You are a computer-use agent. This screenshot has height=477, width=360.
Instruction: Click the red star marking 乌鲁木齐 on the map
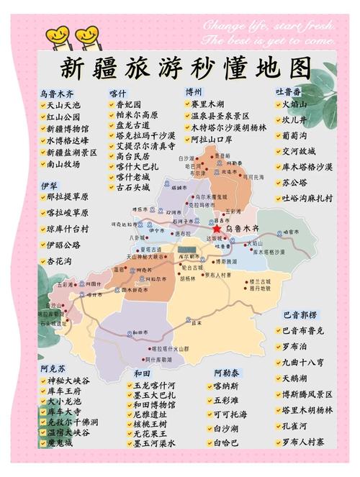[x=216, y=228]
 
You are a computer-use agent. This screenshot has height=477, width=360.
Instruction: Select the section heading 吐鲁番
[x=289, y=92]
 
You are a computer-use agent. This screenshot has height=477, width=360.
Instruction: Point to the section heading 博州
[x=194, y=92]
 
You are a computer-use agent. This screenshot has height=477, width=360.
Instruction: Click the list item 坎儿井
[x=295, y=119]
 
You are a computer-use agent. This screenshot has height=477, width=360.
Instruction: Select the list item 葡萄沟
[x=295, y=135]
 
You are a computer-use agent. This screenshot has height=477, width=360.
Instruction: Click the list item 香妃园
[x=130, y=104]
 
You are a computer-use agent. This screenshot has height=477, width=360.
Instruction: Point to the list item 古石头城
[x=133, y=187]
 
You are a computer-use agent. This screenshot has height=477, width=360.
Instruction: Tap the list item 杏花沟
[x=59, y=262]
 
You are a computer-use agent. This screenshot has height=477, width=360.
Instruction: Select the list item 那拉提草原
[x=68, y=196]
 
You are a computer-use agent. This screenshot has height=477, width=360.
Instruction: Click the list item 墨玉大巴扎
[x=154, y=395]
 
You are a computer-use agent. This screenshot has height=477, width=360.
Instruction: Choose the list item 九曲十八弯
[x=305, y=362]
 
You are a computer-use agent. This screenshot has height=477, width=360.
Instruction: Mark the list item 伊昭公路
[x=63, y=245]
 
